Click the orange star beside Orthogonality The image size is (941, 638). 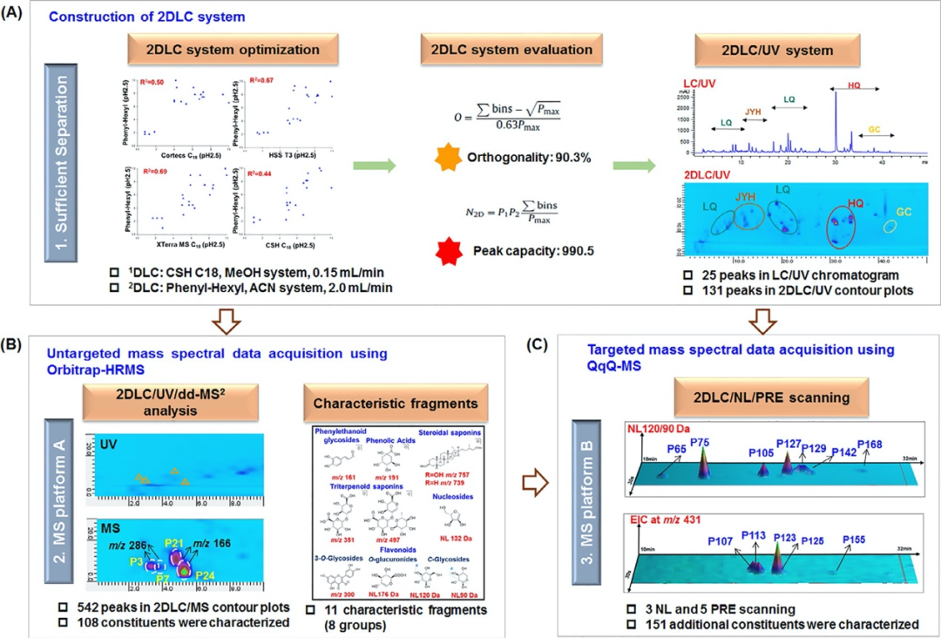click(447, 157)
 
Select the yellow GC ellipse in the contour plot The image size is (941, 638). click(890, 227)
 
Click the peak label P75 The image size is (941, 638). click(701, 444)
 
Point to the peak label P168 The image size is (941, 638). click(870, 445)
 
